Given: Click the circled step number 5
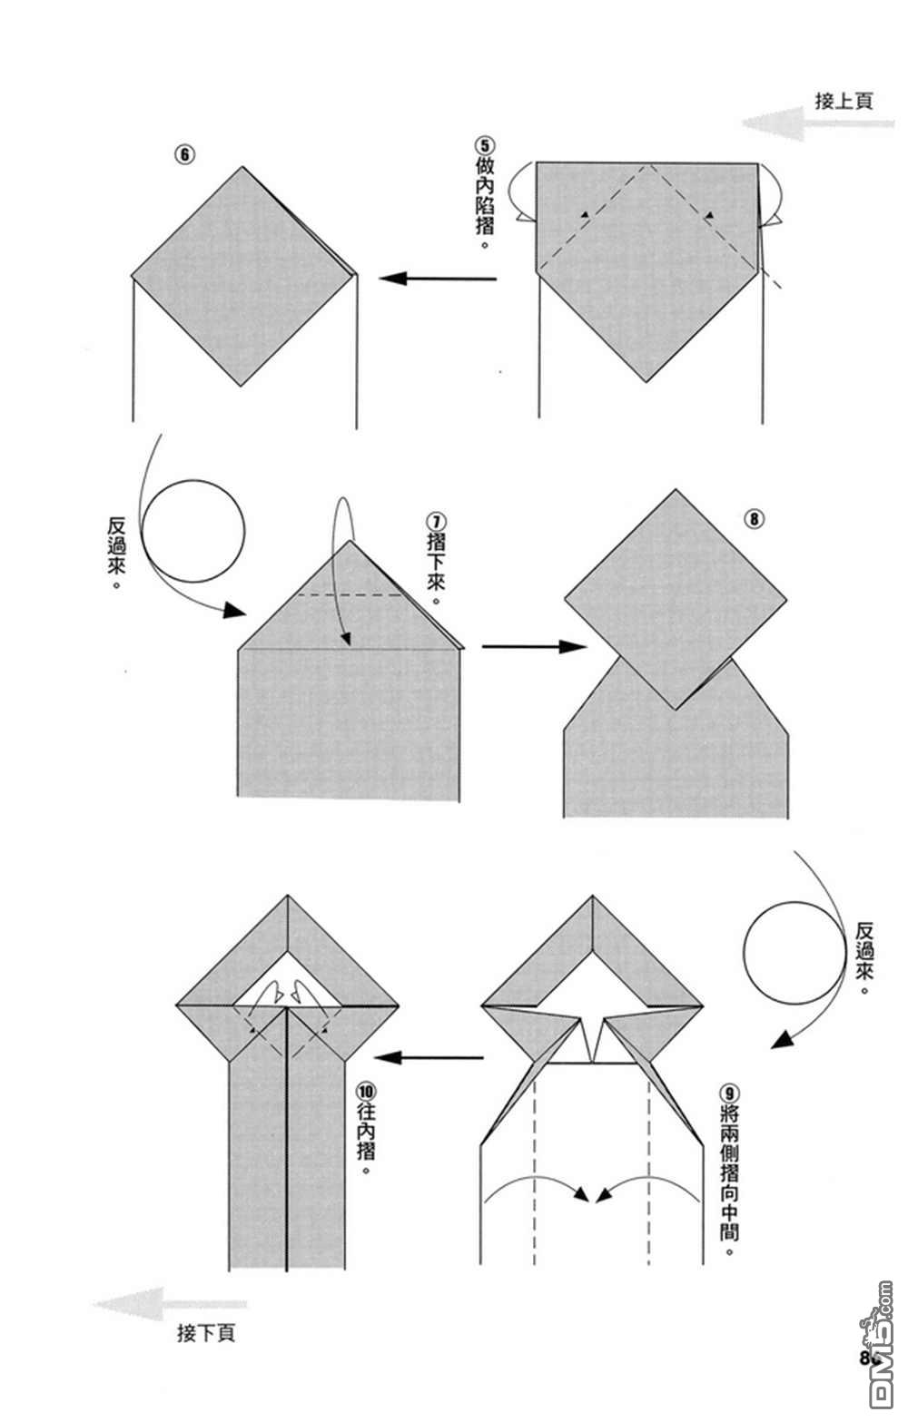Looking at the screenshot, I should point(484,145).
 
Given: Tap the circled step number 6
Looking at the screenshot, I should point(185,153).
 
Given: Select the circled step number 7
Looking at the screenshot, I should point(436,523).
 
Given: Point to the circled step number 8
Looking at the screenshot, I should point(755,519).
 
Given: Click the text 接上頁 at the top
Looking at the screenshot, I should point(844,100).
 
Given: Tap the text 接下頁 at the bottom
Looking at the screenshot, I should point(207,1333).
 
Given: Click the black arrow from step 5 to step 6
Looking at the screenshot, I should point(438,278).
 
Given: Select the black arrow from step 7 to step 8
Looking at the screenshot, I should point(534,646).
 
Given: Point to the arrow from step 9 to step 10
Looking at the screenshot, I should point(429,1057).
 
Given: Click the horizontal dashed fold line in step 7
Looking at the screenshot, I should point(350,595).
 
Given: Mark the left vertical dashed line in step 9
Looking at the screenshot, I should point(536,1171).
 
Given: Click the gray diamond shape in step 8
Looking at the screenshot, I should point(676,599).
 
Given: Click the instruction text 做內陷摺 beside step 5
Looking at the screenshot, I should point(485,200).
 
